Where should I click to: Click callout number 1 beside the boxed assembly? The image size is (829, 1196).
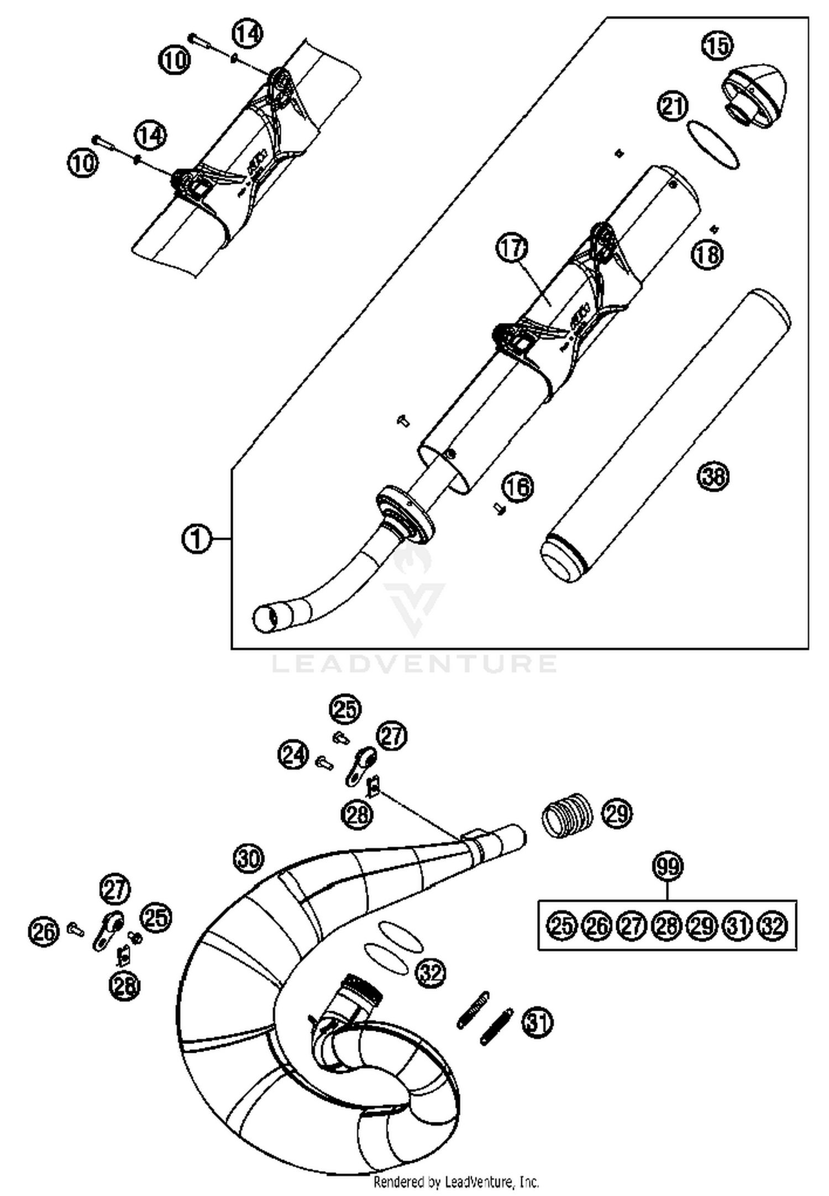196,538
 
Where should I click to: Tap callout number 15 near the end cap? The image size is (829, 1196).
717,45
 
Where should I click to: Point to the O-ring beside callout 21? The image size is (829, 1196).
713,145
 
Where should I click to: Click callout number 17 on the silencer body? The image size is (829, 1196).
512,249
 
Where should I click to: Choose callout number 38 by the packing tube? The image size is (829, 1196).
713,476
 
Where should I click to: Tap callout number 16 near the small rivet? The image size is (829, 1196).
518,487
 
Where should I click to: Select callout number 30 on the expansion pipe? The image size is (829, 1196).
249,859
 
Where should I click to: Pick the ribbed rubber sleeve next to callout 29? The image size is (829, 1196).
566,815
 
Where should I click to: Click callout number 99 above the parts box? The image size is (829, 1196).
668,866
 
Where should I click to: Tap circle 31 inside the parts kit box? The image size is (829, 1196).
738,926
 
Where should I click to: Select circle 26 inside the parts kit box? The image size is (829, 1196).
597,926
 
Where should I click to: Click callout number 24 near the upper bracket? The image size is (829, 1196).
293,755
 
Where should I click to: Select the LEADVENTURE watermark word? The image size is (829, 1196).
414,663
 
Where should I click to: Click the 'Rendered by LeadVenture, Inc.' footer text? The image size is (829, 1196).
456,1182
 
